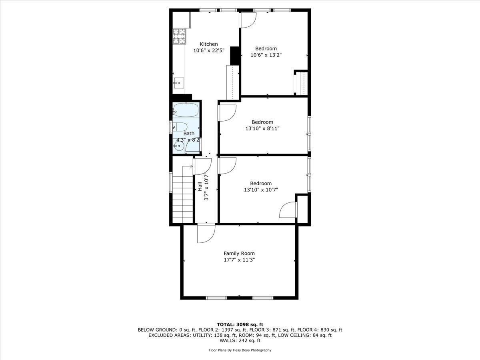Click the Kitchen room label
coord(209,44)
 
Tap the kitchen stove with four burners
coord(180,36)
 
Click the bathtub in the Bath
coord(186,110)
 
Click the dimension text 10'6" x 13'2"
coord(266,55)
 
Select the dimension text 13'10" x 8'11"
coord(262,128)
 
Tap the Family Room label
coord(239,253)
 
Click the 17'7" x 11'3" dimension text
coord(239,260)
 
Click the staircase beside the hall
coord(183,194)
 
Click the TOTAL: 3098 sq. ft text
coord(240,324)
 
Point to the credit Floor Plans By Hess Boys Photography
coord(240,350)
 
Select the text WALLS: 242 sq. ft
coord(240,341)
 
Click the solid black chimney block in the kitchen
coord(235,56)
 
